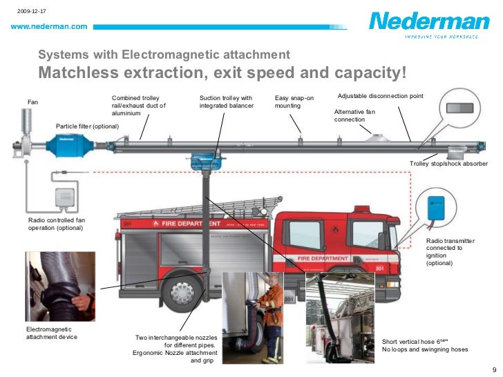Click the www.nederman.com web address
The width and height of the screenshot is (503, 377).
point(48,26)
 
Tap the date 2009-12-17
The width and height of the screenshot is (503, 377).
point(30,11)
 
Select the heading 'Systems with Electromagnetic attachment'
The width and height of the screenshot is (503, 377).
point(164,55)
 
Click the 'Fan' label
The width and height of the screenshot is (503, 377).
point(32,102)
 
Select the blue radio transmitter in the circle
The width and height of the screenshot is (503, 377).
point(437,206)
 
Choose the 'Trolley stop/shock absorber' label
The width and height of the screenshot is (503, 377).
point(448,163)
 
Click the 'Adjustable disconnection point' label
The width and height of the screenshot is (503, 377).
point(380,95)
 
